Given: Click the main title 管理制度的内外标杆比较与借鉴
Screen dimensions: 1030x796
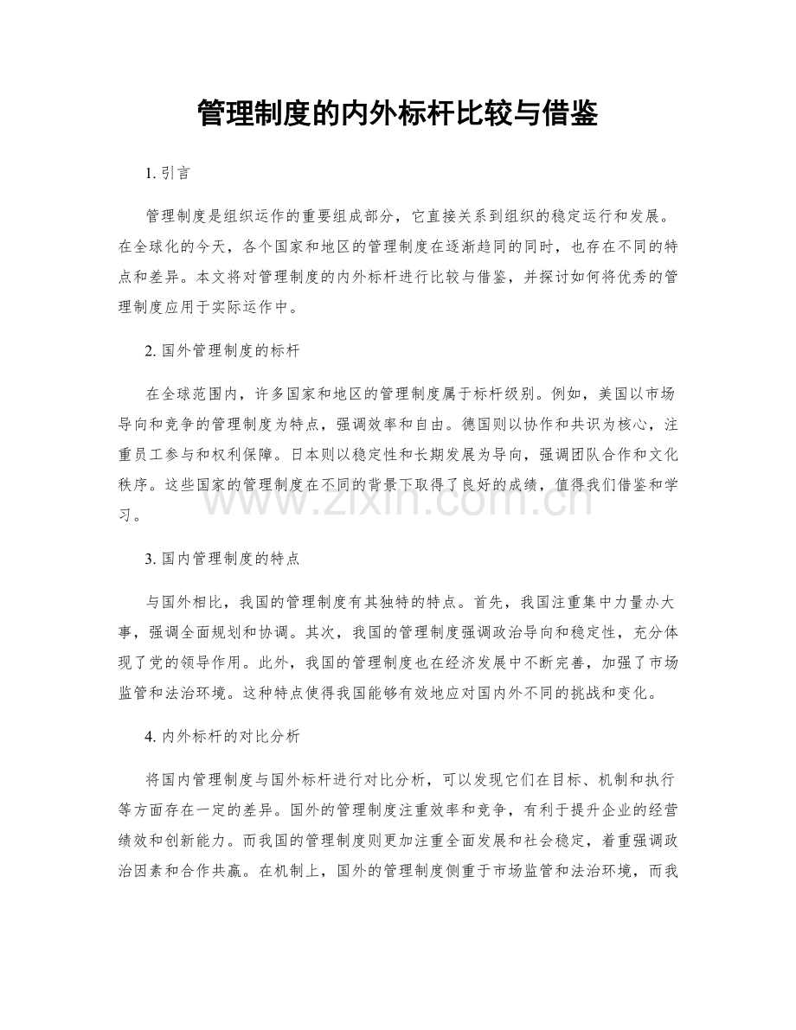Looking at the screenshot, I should (397, 112).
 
